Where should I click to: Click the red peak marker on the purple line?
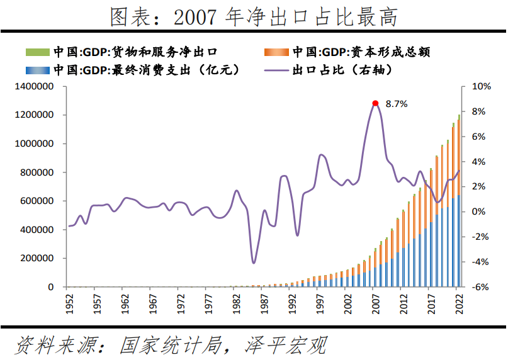[375, 103]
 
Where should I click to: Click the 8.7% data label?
[397, 104]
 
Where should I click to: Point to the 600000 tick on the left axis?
[35, 201]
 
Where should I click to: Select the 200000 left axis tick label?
[35, 259]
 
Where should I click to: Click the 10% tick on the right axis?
[480, 86]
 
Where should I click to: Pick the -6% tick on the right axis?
[480, 287]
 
